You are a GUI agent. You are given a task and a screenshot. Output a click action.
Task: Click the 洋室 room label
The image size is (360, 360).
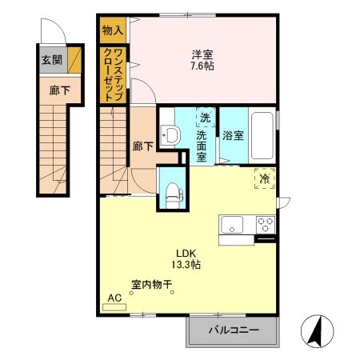tap(202, 54)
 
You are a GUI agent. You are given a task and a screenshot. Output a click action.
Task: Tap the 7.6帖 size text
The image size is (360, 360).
tap(202, 66)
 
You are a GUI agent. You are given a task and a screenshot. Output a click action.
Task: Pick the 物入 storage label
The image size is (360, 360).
tap(113, 30)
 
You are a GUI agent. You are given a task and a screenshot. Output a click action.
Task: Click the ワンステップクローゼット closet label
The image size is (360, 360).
tap(113, 74)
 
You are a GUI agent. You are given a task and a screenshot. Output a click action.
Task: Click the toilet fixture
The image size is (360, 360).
tap(171, 189)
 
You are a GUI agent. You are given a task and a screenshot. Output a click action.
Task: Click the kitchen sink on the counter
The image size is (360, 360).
tap(233, 224)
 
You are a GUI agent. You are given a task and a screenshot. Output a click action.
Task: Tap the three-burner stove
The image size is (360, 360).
tap(264, 224)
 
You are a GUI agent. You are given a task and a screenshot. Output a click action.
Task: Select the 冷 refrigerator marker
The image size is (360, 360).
tap(265, 179)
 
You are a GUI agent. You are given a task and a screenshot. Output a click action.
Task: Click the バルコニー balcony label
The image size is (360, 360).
tap(234, 329)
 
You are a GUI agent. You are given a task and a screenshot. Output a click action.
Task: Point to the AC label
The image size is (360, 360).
tap(114, 298)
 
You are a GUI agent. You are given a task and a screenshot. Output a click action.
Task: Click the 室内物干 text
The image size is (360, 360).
tap(151, 284)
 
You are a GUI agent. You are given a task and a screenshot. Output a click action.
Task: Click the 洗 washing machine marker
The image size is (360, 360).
tap(205, 118)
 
